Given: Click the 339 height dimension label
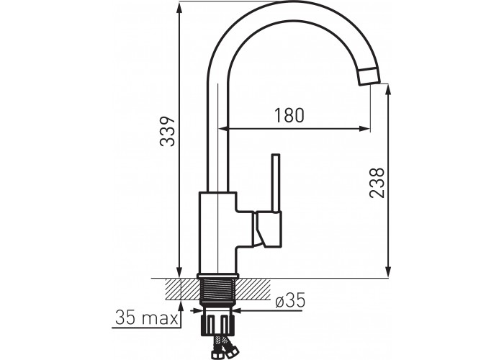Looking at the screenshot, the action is pos(167,132).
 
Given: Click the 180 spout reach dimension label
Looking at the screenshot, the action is pos(289,115).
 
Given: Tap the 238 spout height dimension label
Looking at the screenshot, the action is pos(377,182).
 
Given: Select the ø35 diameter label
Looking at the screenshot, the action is pos(290,301).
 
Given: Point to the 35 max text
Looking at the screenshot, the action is pos(147,318).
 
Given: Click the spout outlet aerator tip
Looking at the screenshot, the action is pos(369,76).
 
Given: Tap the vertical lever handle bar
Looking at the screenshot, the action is pos(276,183).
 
